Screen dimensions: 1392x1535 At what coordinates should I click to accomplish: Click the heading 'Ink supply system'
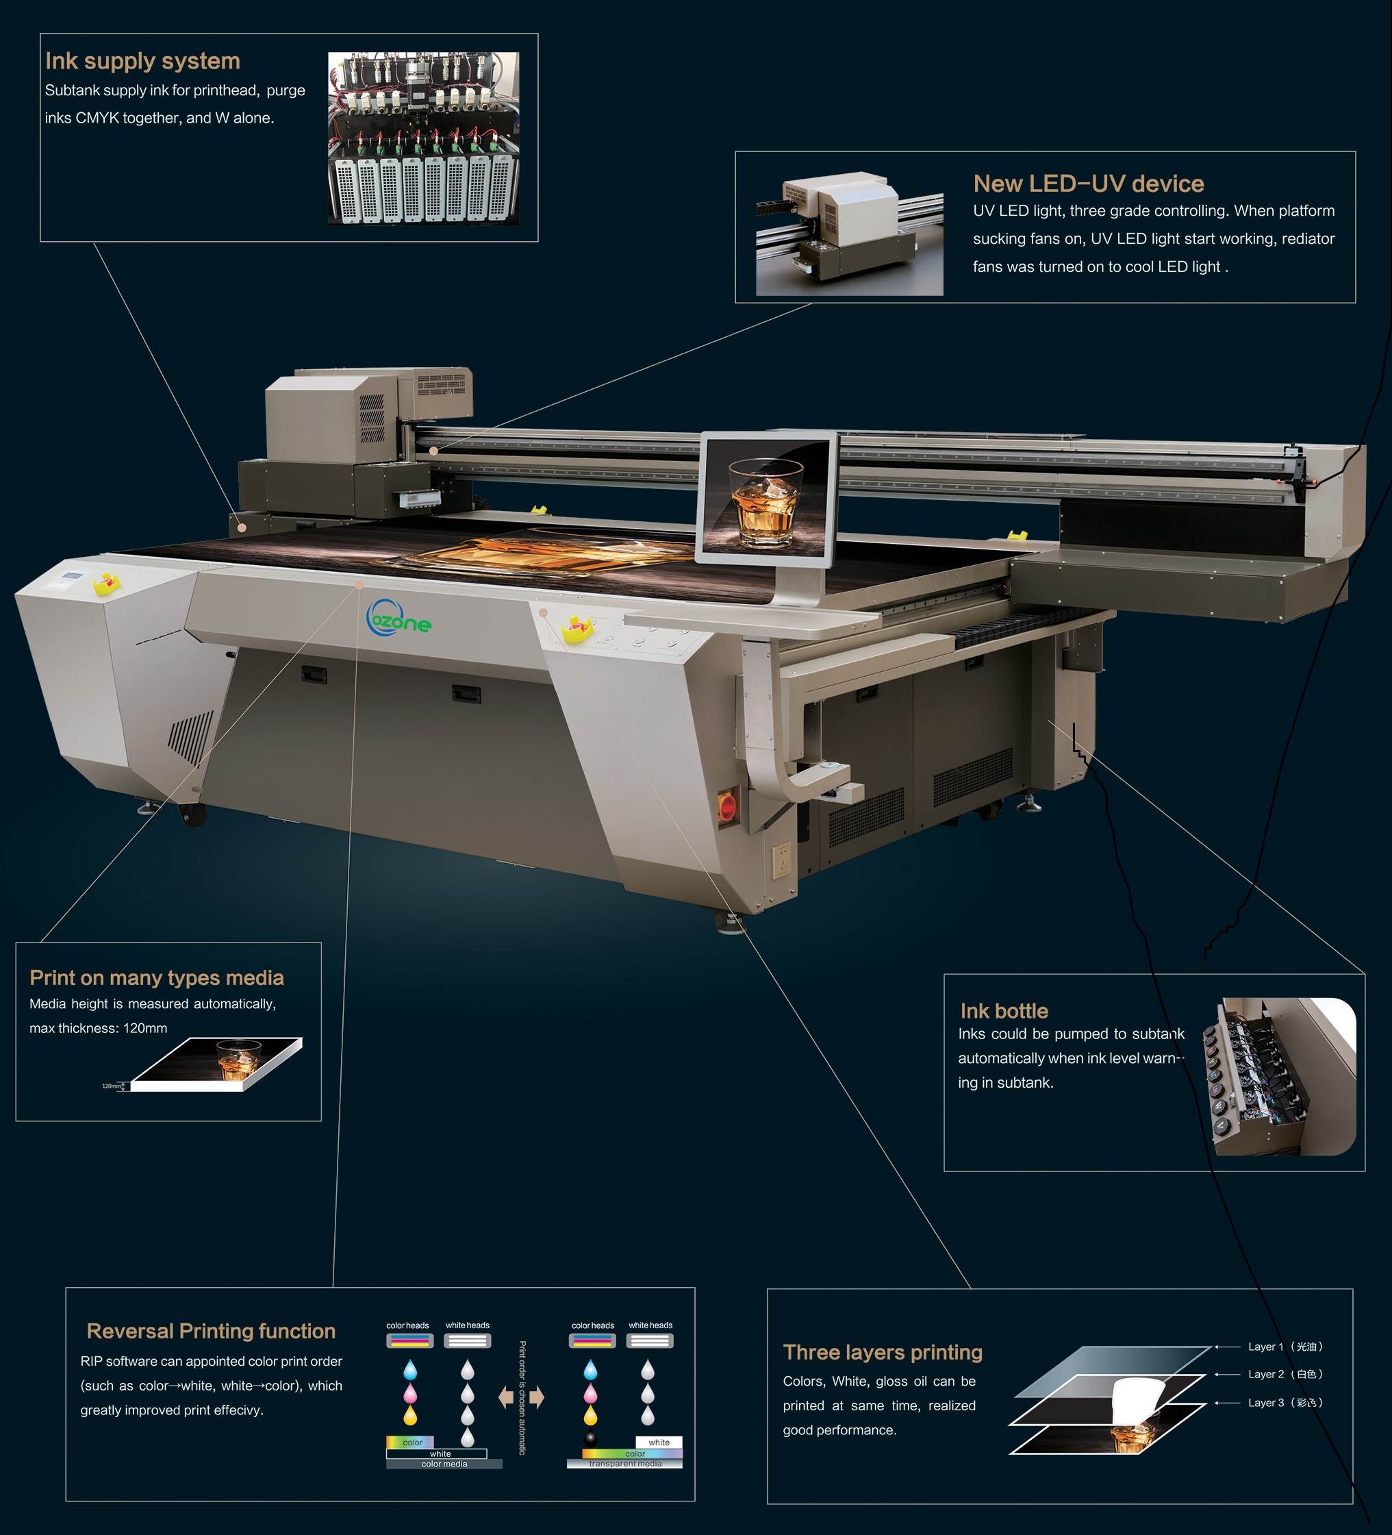coord(142,61)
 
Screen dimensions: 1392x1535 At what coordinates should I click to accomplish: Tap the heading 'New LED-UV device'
coord(1088,184)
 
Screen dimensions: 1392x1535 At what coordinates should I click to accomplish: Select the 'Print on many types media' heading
coord(157,977)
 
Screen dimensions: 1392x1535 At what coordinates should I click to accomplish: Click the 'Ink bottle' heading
coord(1004,1011)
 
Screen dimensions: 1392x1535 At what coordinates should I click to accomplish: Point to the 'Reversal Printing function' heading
coord(211,1331)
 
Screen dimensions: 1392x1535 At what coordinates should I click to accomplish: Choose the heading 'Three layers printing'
coord(883,1352)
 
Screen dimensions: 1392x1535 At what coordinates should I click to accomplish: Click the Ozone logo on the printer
coord(398,619)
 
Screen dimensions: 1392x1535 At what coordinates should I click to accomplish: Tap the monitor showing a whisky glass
coord(767,499)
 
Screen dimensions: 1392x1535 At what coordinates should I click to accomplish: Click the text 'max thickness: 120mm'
coord(98,1028)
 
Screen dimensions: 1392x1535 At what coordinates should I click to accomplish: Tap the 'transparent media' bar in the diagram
coord(625,1464)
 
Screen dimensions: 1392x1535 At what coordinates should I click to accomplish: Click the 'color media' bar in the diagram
coord(444,1464)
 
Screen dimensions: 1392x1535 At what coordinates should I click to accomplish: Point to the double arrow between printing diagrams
coord(521,1397)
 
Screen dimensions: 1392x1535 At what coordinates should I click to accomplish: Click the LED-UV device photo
coord(849,233)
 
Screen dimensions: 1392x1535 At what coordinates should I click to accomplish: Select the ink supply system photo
coord(424,138)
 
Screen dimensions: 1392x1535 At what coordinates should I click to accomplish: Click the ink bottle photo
coord(1278,1077)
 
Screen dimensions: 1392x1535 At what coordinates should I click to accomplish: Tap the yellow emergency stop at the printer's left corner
coord(107,584)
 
